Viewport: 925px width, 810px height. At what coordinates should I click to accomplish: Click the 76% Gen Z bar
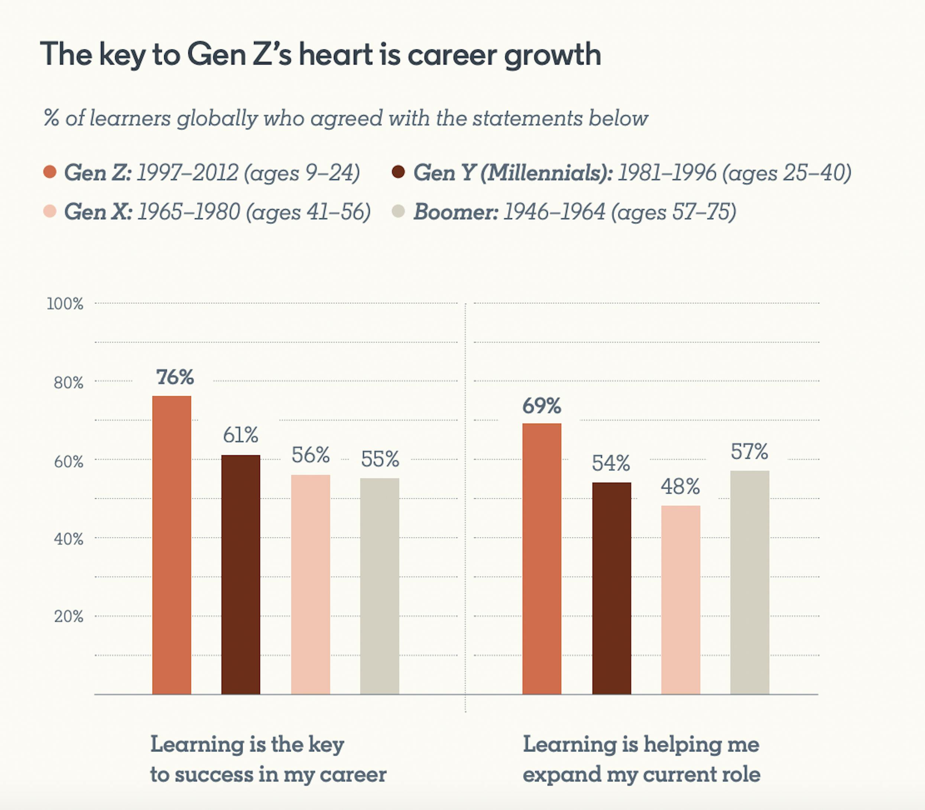tap(171, 545)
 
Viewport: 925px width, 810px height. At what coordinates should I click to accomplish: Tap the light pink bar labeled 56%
tap(310, 584)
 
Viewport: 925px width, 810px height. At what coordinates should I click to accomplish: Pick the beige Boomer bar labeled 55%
tap(379, 586)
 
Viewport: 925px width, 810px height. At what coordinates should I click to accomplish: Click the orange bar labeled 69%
tap(542, 558)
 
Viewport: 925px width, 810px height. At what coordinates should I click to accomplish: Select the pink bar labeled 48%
tap(681, 599)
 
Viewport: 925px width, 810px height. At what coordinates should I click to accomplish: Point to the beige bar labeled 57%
tap(750, 582)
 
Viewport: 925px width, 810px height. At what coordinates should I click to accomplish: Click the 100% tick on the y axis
tap(65, 304)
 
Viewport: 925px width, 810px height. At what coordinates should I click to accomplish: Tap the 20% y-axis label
tap(69, 617)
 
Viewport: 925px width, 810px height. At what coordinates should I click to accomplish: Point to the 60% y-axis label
tap(69, 462)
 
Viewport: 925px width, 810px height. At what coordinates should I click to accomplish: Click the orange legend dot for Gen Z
tap(50, 172)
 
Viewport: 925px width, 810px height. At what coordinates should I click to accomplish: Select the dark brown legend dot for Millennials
tap(398, 172)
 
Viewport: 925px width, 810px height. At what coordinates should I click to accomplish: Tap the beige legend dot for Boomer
tap(398, 211)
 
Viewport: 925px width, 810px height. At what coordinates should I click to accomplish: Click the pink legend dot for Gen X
tap(50, 211)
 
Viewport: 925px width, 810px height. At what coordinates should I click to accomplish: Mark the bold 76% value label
tap(175, 377)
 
